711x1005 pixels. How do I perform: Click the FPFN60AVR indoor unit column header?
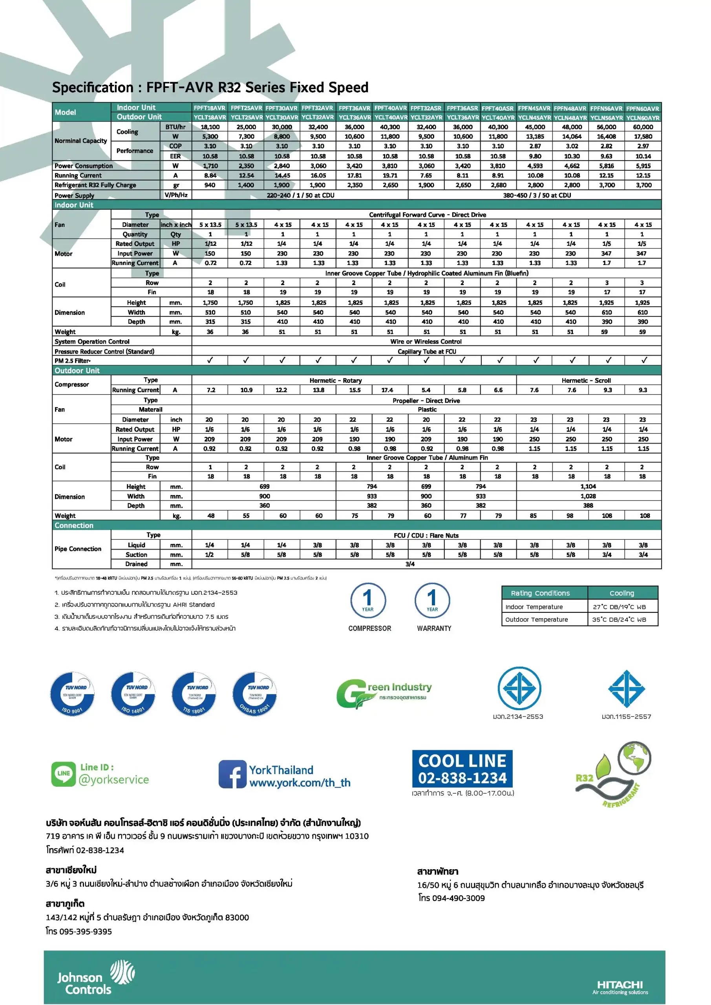tap(642, 108)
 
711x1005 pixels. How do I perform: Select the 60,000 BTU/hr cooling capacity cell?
tap(643, 127)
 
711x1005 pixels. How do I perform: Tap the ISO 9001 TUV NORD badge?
tap(72, 694)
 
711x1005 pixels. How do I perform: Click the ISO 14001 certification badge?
tap(133, 694)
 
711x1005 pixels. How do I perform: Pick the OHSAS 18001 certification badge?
tap(254, 694)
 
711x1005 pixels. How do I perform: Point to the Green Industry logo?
tap(384, 693)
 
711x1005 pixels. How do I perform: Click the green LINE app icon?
tap(64, 774)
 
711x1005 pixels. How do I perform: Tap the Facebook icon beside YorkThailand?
tap(232, 774)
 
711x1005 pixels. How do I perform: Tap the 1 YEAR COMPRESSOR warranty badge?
tap(368, 601)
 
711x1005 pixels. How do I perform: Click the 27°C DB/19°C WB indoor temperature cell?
tap(622, 607)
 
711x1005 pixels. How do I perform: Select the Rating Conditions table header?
tap(540, 593)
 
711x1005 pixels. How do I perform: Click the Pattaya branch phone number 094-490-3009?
tap(451, 898)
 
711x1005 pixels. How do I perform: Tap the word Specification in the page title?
tap(92, 88)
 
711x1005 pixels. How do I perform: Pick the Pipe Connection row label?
tap(78, 549)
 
